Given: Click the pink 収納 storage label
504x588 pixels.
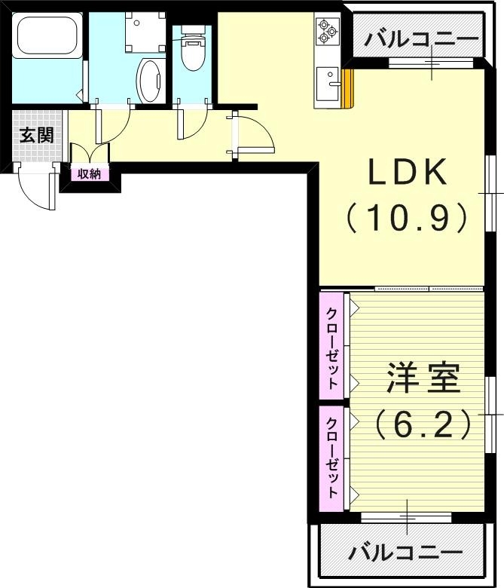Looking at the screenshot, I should pos(89,174).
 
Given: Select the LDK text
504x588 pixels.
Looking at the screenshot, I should pos(407,174).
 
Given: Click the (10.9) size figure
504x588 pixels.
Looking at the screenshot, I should pos(407,219).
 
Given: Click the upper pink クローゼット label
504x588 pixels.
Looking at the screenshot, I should pos(331,348).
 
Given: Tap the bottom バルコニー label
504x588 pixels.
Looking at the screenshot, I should pos(405,553).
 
